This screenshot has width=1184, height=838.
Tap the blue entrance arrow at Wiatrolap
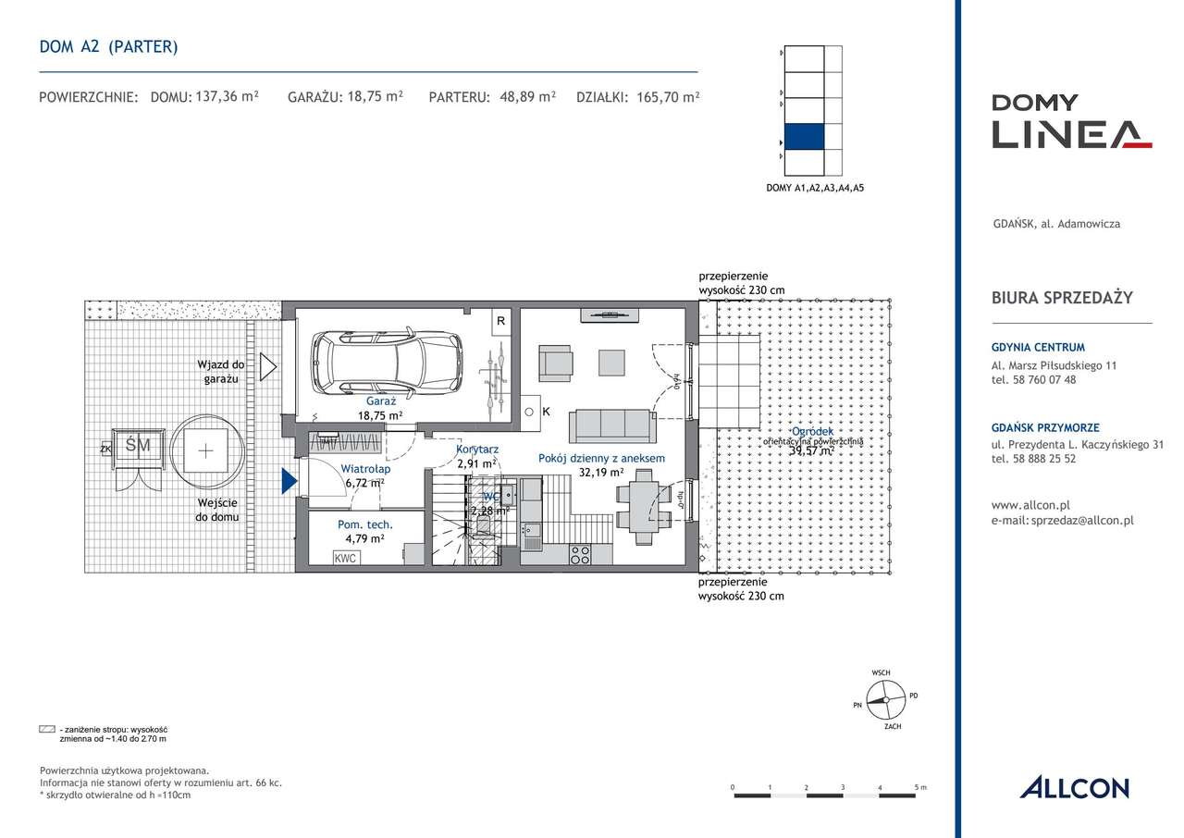[290, 480]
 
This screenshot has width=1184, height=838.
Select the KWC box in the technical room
[346, 558]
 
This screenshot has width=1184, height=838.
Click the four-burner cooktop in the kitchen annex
[580, 555]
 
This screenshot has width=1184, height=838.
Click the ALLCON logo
[1074, 788]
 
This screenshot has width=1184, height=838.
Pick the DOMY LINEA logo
[1071, 121]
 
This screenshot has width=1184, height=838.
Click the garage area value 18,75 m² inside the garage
[382, 416]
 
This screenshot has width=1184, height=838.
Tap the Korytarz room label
[477, 450]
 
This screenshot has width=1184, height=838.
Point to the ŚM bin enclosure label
[137, 446]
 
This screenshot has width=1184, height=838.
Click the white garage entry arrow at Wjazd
[268, 367]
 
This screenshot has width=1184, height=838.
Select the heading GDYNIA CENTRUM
[1038, 348]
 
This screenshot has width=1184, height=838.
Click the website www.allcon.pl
[1030, 506]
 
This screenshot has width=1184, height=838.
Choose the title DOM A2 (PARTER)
[109, 46]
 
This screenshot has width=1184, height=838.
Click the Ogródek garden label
[812, 432]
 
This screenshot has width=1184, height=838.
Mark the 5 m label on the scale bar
[920, 787]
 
